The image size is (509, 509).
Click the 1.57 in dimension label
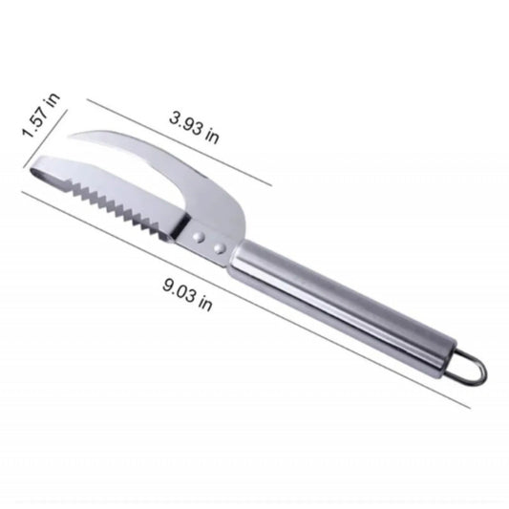[41, 115]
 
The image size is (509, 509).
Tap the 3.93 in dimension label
[194, 128]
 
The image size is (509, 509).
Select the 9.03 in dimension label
[187, 295]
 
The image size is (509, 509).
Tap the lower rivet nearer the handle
[220, 248]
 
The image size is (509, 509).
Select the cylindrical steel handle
[343, 309]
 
